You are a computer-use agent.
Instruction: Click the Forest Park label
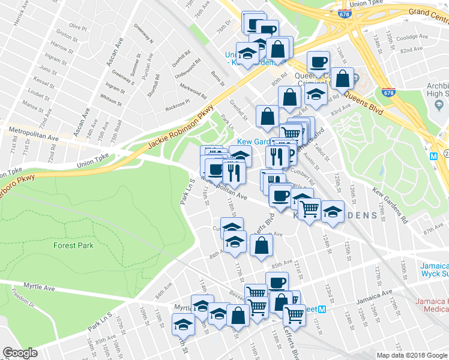pos(73,245)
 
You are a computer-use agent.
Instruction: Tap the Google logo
pos(20,353)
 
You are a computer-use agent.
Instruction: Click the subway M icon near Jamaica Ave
pos(322,310)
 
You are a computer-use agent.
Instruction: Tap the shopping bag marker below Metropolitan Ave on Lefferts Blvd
pos(261,245)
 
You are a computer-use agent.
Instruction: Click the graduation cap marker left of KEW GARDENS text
pos(333,212)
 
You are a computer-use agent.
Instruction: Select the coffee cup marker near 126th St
pos(318,61)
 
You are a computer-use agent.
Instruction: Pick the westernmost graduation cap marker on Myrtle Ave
pos(183,325)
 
